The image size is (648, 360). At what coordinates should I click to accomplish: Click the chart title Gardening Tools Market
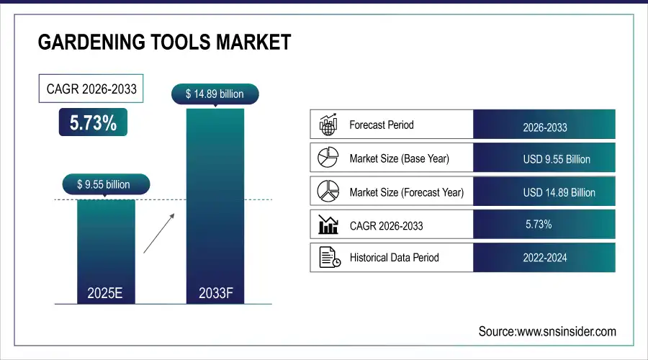[x=164, y=42]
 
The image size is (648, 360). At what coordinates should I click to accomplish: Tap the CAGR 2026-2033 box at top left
[x=91, y=89]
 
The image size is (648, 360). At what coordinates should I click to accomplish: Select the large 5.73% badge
[x=93, y=123]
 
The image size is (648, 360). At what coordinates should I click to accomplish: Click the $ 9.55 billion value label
[x=104, y=185]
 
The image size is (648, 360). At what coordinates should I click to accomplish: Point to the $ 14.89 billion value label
[x=215, y=94]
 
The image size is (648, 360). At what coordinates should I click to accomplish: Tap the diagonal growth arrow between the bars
[x=158, y=232]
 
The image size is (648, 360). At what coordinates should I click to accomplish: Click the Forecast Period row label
[x=382, y=125]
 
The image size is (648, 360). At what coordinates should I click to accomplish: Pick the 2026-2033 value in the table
[x=545, y=127]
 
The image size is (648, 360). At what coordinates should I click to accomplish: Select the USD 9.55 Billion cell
[x=557, y=159]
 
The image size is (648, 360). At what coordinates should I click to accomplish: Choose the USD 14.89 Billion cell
[x=559, y=192]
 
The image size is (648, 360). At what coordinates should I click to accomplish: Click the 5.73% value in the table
[x=539, y=225]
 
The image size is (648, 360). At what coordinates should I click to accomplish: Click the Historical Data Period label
[x=394, y=257]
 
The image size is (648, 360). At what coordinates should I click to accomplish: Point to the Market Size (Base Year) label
[x=400, y=158]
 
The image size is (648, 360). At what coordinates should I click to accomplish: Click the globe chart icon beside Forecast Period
[x=328, y=125]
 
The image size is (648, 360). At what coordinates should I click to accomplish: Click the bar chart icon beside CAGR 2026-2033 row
[x=328, y=225]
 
